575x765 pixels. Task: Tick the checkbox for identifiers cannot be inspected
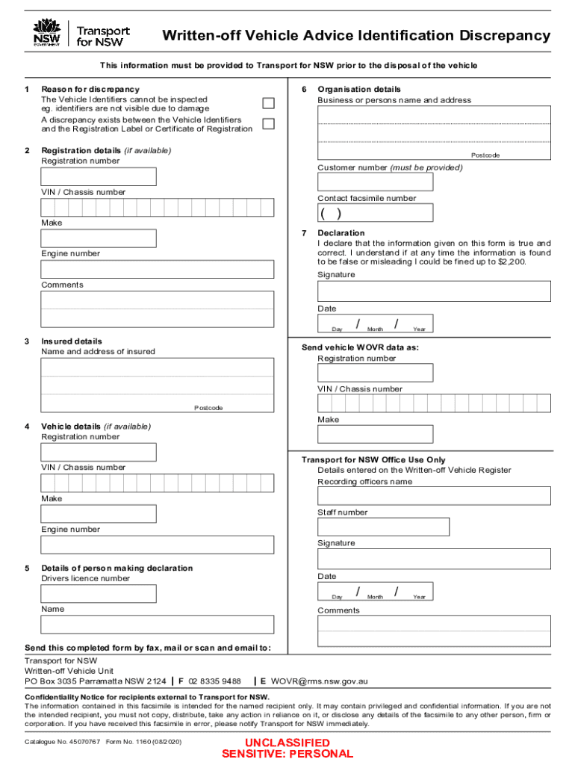(x=268, y=104)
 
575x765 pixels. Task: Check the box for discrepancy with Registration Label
(x=268, y=124)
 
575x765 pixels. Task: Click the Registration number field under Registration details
(x=99, y=177)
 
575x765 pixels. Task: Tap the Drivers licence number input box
(x=99, y=594)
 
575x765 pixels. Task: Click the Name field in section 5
(x=157, y=625)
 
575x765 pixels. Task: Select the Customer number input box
(x=375, y=182)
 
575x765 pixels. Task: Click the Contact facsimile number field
(x=375, y=213)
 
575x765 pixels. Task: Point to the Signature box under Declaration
(x=434, y=291)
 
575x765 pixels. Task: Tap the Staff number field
(x=383, y=527)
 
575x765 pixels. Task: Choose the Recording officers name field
(x=434, y=496)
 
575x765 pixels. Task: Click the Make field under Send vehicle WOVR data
(x=375, y=434)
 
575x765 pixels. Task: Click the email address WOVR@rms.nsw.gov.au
(x=319, y=681)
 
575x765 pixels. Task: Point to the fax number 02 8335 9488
(x=214, y=681)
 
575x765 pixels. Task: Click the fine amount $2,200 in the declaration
(x=512, y=263)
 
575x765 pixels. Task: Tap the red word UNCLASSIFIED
(x=287, y=743)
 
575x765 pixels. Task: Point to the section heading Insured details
(x=72, y=341)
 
